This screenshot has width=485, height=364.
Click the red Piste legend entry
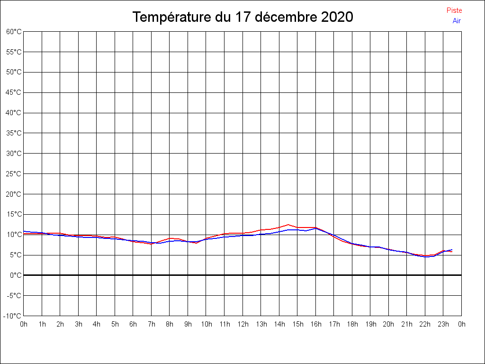point(454,10)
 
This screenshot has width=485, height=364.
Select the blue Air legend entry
point(457,20)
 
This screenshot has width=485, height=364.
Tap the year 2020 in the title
point(337,17)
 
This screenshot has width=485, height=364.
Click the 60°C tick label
point(14,32)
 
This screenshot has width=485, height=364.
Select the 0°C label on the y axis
point(16,275)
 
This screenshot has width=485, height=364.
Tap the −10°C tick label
point(13,316)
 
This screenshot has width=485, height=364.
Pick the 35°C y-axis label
point(14,133)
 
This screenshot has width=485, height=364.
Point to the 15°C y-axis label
point(14,214)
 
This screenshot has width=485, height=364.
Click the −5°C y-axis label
point(14,295)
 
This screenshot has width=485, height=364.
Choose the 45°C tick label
point(14,92)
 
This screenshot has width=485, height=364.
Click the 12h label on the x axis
point(243,324)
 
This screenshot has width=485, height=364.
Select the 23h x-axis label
point(443,324)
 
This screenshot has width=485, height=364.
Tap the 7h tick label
point(152,324)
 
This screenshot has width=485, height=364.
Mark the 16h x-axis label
point(316,324)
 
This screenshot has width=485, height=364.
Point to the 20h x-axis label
point(389,324)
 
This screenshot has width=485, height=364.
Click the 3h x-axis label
point(79,324)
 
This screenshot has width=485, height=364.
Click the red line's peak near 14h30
point(288,225)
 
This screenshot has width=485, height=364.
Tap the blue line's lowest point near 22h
point(425,256)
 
